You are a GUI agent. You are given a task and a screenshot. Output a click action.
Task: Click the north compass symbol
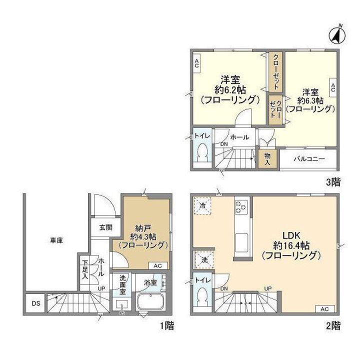pyautogui.click(x=338, y=34)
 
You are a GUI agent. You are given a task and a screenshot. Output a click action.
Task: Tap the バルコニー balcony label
pyautogui.click(x=309, y=159)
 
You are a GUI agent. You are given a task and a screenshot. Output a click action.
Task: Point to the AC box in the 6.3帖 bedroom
pyautogui.click(x=332, y=86)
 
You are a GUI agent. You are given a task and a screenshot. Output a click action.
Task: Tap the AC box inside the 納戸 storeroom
pyautogui.click(x=158, y=265)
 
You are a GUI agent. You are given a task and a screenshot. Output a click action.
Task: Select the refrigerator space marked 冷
pyautogui.click(x=203, y=206)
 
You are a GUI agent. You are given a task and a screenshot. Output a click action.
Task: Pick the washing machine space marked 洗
pyautogui.click(x=203, y=260)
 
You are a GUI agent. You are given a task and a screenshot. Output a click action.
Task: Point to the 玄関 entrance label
pyautogui.click(x=105, y=227)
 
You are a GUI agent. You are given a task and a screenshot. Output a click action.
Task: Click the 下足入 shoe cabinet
pyautogui.click(x=85, y=268)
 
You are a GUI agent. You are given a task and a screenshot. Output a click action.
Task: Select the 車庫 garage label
pyautogui.click(x=55, y=240)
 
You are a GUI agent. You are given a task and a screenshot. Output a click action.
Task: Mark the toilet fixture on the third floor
pyautogui.click(x=203, y=153)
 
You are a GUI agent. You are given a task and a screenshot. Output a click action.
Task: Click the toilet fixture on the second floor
pyautogui.click(x=203, y=300)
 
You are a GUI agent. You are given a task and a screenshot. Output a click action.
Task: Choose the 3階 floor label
pyautogui.click(x=333, y=182)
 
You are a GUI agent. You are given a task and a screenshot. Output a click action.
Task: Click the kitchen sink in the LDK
pyautogui.click(x=241, y=243)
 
